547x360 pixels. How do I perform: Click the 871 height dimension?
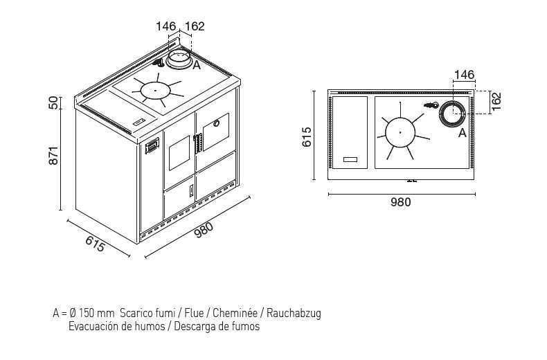tap(53, 155)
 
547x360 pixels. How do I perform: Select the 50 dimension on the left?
tap(53, 103)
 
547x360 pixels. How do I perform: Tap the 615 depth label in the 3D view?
tap(95, 244)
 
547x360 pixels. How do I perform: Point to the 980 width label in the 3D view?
tap(203, 231)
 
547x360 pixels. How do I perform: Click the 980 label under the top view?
tap(400, 202)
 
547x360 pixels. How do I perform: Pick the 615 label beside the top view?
tap(307, 137)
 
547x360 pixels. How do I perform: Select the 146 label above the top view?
tap(465, 75)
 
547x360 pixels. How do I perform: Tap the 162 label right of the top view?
tap(496, 101)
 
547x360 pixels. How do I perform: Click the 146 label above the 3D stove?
tap(165, 26)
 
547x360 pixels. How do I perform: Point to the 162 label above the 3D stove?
tap(195, 26)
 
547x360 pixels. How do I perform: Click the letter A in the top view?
tap(463, 133)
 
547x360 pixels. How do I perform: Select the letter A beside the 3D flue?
tap(197, 65)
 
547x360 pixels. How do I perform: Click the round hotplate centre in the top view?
tap(400, 132)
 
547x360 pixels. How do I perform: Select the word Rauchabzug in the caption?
tap(294, 313)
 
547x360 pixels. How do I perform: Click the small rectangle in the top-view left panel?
tap(350, 159)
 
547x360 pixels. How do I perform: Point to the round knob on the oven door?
tap(216, 123)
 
